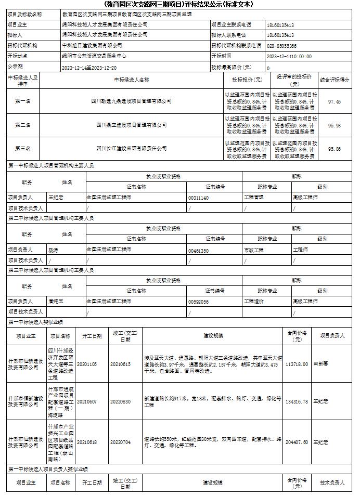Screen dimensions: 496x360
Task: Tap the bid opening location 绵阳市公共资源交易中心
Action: point(94,56)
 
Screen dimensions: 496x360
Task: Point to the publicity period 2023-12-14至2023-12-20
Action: point(89,68)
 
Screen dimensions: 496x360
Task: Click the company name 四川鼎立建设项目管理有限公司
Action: point(132,125)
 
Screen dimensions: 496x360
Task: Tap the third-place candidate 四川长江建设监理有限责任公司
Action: point(132,149)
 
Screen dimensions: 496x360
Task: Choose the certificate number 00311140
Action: point(198,198)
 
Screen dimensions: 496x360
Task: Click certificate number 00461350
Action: point(198,251)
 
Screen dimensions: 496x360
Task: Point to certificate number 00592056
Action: point(198,302)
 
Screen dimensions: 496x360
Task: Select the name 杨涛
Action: point(53,250)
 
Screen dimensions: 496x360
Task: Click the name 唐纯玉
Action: point(55,301)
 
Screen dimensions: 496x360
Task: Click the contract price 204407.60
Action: point(297,442)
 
